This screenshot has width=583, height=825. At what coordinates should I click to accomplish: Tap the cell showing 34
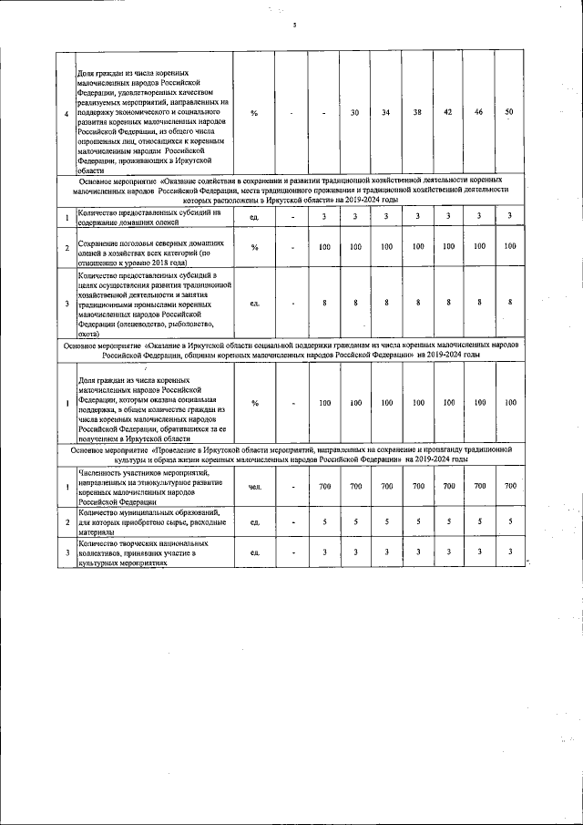click(x=386, y=112)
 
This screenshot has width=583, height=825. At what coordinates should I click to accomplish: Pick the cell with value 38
click(x=416, y=112)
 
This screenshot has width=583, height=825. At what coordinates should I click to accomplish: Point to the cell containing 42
click(x=448, y=112)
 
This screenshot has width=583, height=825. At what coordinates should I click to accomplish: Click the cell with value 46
click(x=479, y=112)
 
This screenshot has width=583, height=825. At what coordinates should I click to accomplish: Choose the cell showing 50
click(x=509, y=112)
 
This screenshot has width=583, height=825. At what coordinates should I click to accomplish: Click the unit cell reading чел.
click(x=254, y=487)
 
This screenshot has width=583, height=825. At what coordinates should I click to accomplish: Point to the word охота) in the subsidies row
click(x=90, y=333)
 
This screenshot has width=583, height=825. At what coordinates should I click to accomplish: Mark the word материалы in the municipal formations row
click(x=95, y=536)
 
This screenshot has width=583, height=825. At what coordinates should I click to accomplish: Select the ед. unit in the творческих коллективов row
click(x=254, y=552)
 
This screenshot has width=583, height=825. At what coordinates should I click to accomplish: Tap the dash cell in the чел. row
click(x=292, y=487)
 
